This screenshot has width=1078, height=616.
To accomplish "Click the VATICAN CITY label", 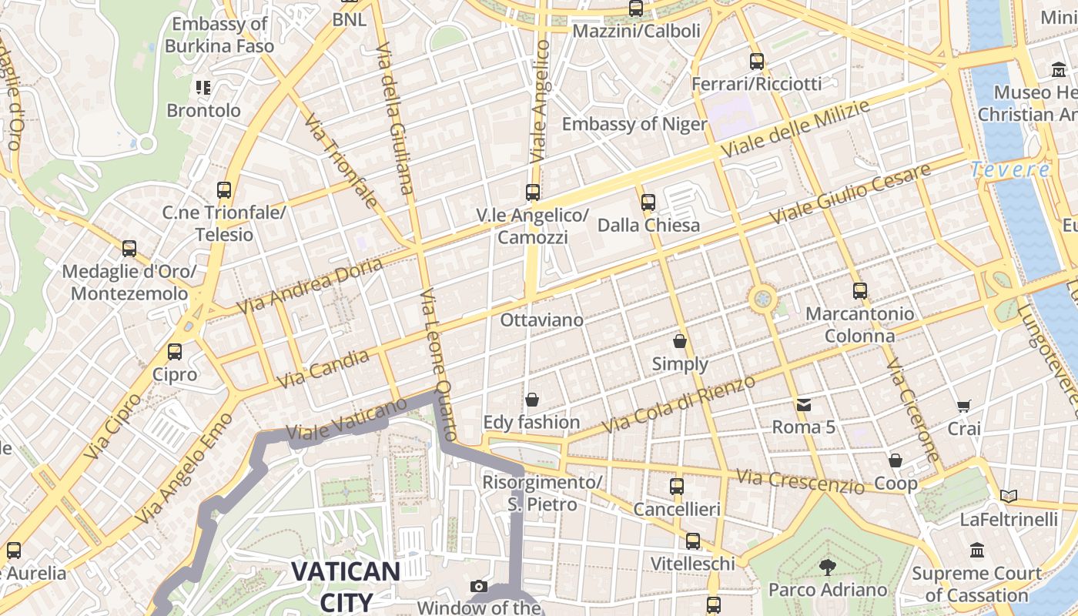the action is (346, 586).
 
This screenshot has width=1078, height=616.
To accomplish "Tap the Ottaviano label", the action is (541, 320).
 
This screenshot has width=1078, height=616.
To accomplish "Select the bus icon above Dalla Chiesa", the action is (648, 203).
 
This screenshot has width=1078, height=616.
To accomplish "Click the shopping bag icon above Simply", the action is (680, 341).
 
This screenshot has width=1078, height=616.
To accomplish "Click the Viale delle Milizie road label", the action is (796, 130).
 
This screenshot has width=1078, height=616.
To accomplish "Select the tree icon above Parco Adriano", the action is (828, 568).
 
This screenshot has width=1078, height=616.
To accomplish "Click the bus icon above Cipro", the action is (175, 352).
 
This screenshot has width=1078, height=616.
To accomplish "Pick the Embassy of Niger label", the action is (634, 124).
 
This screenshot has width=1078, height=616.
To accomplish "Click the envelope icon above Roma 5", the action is (804, 404).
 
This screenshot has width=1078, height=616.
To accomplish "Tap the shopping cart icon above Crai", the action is (963, 406).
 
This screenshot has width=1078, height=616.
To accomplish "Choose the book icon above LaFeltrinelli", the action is (1008, 497).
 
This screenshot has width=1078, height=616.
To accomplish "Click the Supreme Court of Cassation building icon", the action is (977, 551).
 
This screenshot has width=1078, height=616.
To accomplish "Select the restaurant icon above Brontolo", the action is (203, 88).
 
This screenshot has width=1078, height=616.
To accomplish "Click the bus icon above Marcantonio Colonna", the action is (860, 291).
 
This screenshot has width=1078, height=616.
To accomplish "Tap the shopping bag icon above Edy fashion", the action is (531, 400).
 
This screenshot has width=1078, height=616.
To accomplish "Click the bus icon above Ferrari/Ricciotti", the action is (757, 61).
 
